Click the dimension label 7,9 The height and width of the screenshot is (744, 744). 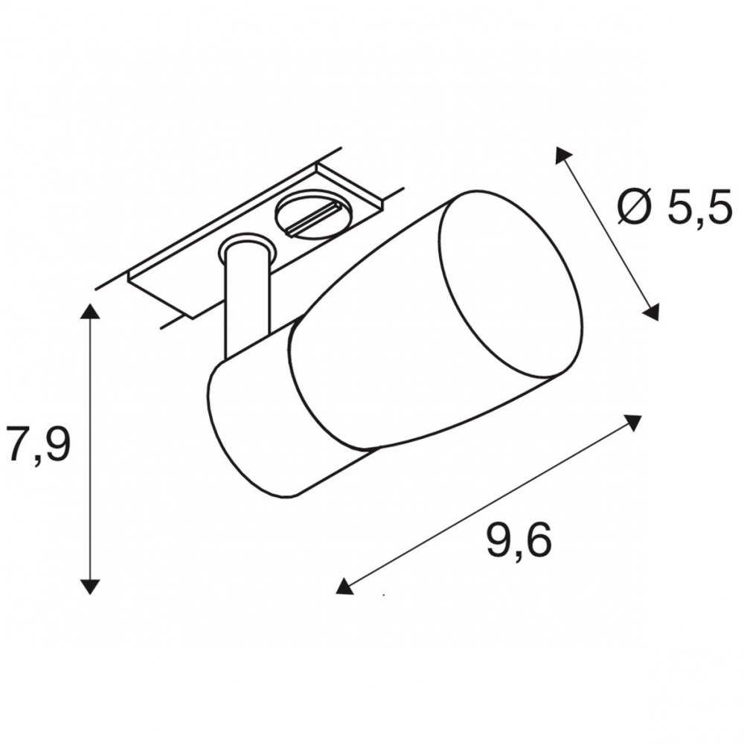tap(39, 444)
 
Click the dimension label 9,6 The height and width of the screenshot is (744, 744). tap(519, 540)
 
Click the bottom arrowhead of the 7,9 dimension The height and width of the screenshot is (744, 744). tap(90, 586)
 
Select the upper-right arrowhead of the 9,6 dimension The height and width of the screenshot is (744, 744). tap(632, 423)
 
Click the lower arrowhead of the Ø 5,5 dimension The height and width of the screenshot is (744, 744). tap(652, 312)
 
